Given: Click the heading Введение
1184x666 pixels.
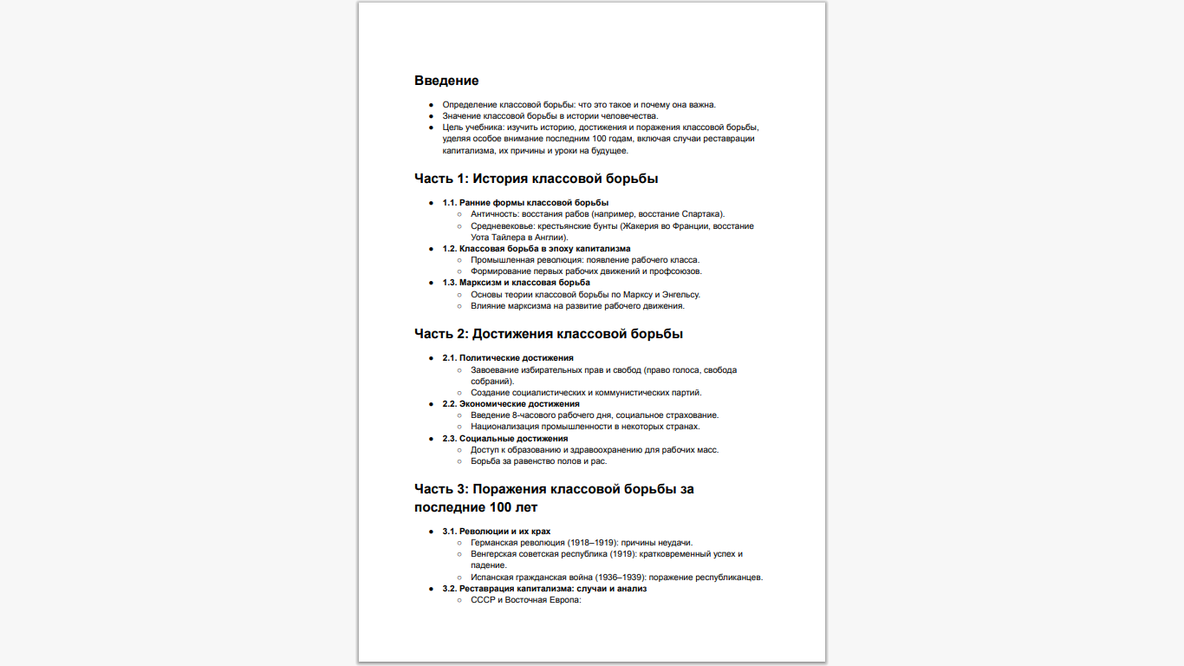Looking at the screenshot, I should [x=446, y=81].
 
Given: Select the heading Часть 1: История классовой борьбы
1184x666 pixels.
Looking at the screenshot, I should [x=536, y=180].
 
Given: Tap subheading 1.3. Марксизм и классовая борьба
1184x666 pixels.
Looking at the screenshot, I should [x=516, y=283].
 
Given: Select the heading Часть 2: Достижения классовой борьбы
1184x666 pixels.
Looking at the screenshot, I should [x=548, y=334].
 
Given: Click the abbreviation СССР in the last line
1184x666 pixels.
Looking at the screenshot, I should [x=483, y=600].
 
